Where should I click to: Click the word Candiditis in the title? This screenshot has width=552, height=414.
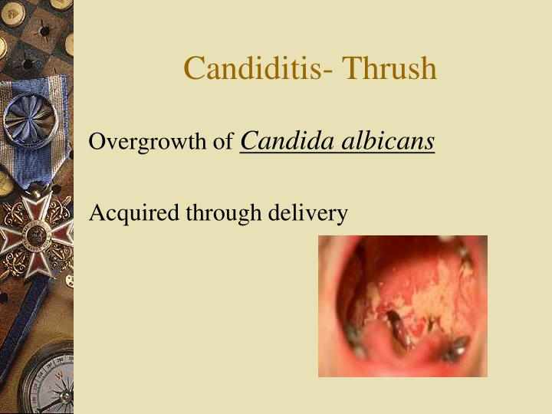click(251, 69)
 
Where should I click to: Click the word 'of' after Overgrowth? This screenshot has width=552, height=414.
click(223, 143)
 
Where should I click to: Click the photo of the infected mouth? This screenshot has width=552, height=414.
click(402, 306)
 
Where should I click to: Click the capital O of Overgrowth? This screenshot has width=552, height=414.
click(97, 142)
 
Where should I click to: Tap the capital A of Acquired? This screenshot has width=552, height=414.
click(97, 212)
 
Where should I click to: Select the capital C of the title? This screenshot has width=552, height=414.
click(192, 69)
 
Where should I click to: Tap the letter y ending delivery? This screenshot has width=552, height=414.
click(343, 215)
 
